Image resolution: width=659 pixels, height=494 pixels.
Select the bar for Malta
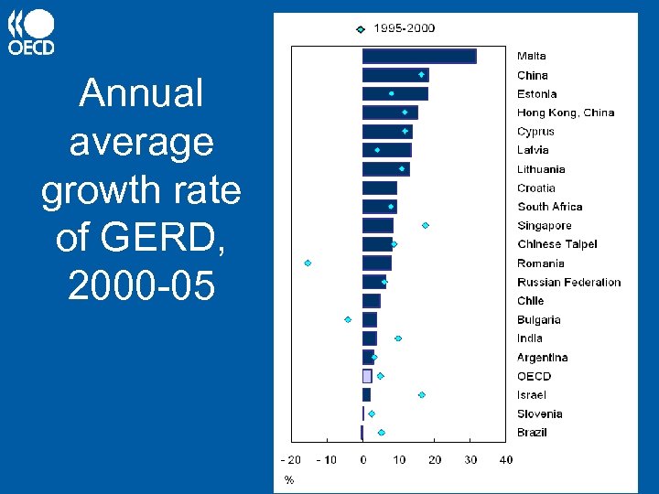click(419, 57)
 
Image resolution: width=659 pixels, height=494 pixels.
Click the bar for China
click(395, 75)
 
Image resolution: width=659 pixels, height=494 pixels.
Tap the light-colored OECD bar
click(367, 376)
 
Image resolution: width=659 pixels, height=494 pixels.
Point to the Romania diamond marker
click(308, 263)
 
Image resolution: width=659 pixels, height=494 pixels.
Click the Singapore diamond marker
click(426, 225)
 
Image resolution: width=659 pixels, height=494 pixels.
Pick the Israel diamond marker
click(422, 395)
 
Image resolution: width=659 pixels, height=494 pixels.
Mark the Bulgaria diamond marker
click(348, 319)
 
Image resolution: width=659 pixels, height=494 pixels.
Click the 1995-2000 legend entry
click(395, 28)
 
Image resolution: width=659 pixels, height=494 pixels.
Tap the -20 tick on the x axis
click(290, 459)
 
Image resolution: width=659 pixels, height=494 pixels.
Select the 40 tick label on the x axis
click(506, 459)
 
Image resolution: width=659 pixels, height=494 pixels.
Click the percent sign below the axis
click(289, 479)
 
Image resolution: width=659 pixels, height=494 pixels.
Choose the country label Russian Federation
click(568, 283)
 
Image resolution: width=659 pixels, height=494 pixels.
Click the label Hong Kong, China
click(566, 113)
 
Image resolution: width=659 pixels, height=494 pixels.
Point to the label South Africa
click(549, 207)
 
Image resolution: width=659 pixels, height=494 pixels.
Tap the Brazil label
click(532, 433)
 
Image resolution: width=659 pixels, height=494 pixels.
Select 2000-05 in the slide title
click(141, 287)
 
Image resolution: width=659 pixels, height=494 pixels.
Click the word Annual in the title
click(141, 93)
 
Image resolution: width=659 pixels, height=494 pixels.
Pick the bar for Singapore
click(378, 225)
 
